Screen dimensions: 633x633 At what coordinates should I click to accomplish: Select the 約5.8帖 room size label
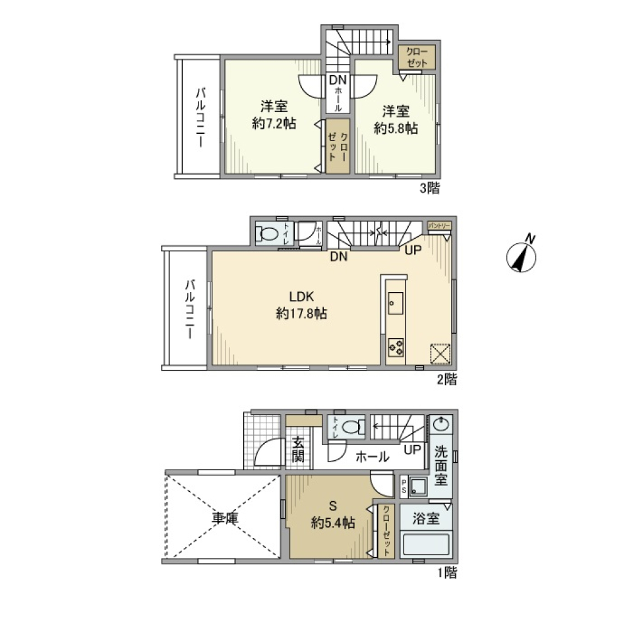pos(396,130)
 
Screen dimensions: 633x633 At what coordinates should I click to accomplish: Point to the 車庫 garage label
pos(224,518)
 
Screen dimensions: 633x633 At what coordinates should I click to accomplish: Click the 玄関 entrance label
pos(298,449)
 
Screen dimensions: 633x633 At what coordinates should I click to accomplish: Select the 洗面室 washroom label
pos(441,466)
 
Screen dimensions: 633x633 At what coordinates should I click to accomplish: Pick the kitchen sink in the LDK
pos(395,304)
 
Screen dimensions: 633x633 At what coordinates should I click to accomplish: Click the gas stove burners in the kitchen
pos(396,347)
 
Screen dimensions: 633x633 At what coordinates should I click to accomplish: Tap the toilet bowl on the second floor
pos(268,233)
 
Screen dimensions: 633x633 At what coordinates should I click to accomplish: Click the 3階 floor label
pos(429,189)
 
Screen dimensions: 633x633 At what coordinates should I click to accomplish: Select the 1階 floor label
pos(446,572)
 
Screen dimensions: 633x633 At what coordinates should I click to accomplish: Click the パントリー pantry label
pos(439,226)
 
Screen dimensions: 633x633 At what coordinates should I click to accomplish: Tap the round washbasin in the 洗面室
pos(441,423)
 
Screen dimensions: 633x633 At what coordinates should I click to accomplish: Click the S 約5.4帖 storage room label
pos(333,515)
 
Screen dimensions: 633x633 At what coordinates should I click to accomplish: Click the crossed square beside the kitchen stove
pos(440,353)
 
